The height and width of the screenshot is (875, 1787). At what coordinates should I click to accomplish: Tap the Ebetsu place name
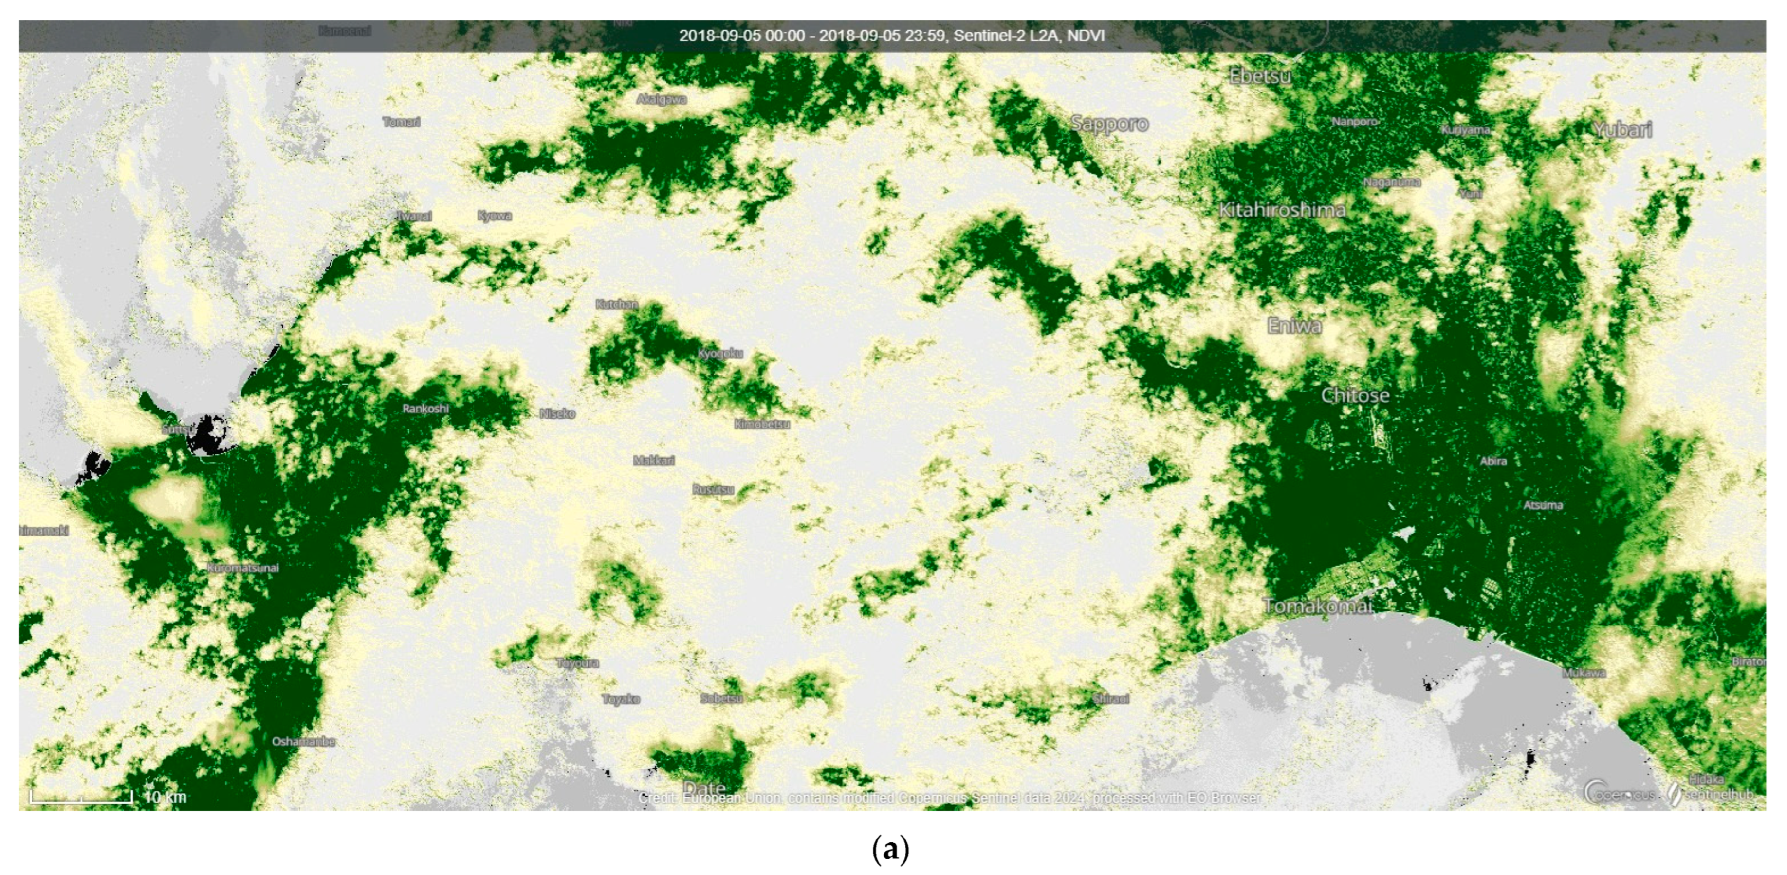click(x=1260, y=76)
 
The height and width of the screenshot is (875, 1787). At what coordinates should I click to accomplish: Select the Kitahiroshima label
click(x=1282, y=210)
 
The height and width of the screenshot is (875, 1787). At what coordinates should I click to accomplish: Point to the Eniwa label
click(x=1294, y=326)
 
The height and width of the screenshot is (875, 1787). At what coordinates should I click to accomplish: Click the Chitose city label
click(x=1355, y=396)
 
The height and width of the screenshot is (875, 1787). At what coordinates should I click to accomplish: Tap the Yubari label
click(x=1622, y=130)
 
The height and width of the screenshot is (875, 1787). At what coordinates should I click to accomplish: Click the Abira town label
click(x=1493, y=461)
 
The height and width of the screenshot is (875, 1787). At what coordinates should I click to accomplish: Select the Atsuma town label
click(x=1543, y=505)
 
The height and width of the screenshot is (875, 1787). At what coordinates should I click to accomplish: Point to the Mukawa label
click(x=1584, y=673)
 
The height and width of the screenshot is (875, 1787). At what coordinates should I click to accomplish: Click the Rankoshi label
click(x=425, y=409)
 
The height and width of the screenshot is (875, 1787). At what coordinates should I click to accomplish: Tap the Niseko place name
click(x=557, y=414)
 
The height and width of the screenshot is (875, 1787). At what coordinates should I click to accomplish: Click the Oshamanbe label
click(x=303, y=742)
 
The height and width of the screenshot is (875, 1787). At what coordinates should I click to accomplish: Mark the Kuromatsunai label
click(x=243, y=568)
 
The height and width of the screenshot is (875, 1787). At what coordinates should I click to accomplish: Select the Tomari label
click(x=401, y=122)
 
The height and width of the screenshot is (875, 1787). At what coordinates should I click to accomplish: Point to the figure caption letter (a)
click(x=889, y=850)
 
